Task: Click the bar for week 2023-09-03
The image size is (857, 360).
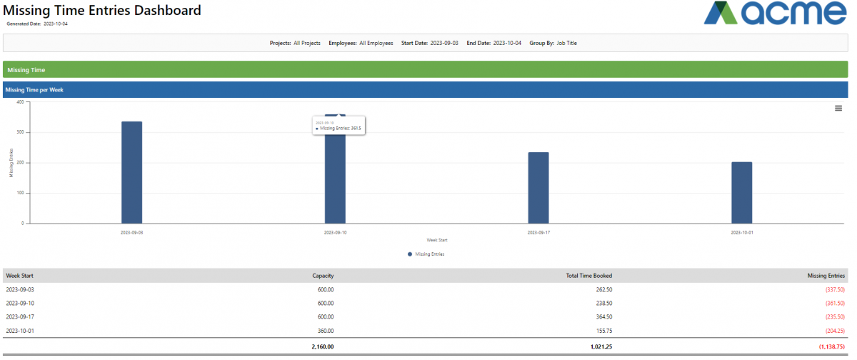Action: tap(131, 172)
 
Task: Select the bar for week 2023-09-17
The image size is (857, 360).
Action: tap(538, 187)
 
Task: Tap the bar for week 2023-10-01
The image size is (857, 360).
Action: tap(741, 192)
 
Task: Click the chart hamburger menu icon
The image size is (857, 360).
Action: tap(838, 108)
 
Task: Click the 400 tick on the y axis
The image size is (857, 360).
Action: tap(20, 102)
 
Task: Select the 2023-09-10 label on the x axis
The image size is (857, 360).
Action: tap(335, 233)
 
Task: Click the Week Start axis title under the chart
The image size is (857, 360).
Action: tap(436, 240)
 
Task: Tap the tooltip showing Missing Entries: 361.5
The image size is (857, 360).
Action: tap(339, 126)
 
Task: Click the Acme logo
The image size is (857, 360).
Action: tap(775, 14)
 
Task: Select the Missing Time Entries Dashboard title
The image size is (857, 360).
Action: tap(102, 11)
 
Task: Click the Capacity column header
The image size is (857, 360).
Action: tap(323, 276)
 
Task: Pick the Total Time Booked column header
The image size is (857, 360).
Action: tap(589, 276)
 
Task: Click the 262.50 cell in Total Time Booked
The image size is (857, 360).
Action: tap(603, 289)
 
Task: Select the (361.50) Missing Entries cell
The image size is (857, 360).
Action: tap(833, 303)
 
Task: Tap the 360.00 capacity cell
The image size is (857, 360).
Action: tap(326, 330)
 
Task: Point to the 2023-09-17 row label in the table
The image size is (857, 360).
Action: tap(20, 316)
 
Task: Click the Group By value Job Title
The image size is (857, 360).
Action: tap(566, 43)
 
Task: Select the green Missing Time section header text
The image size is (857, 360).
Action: tap(26, 70)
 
